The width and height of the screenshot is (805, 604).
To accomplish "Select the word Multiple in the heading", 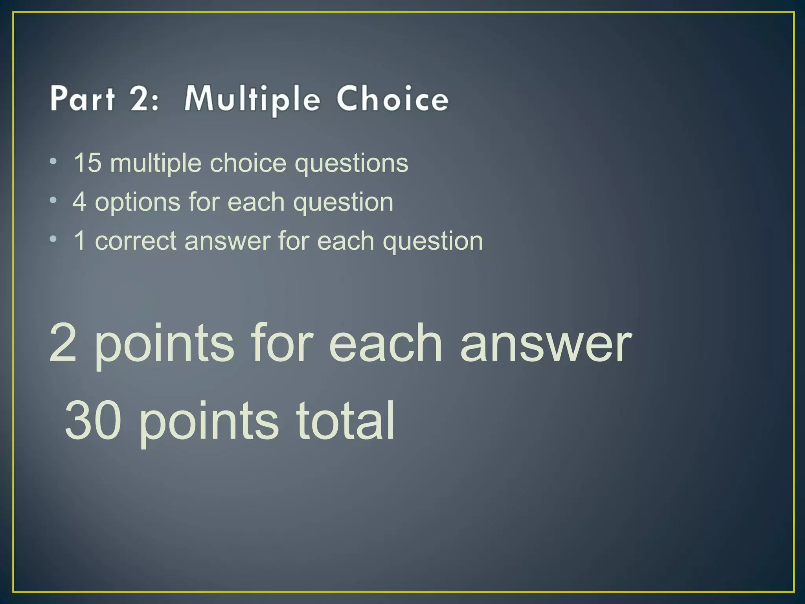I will (252, 99).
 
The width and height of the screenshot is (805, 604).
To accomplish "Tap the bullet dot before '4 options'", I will (53, 201).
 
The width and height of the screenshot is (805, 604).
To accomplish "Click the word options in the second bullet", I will (137, 203).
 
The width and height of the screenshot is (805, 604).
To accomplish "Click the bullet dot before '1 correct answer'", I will (53, 239).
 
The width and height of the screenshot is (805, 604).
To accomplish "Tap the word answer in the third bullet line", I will (227, 241).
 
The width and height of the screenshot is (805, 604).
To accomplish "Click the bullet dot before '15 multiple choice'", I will (53, 161).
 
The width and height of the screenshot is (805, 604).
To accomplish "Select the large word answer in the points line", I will (546, 343).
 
